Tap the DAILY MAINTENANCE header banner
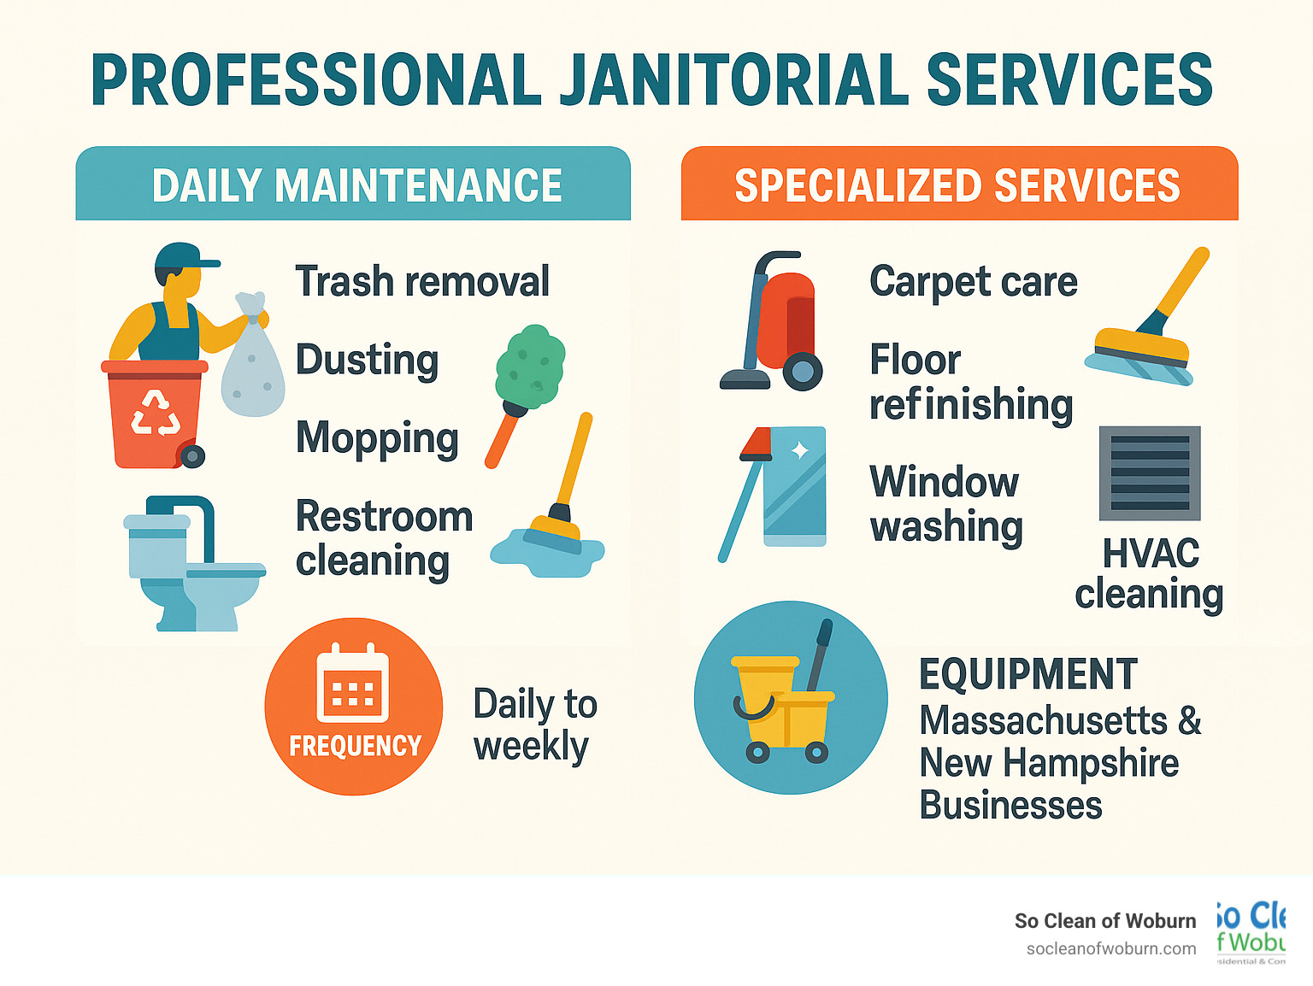pyautogui.click(x=356, y=185)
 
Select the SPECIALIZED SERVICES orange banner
pyautogui.click(x=957, y=185)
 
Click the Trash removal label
pyautogui.click(x=422, y=281)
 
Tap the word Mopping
pyautogui.click(x=377, y=438)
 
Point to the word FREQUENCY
pyautogui.click(x=355, y=746)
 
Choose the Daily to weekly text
pyautogui.click(x=534, y=725)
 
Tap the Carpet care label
pyautogui.click(x=973, y=281)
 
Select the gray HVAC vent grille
pyautogui.click(x=1150, y=472)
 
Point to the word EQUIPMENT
pyautogui.click(x=1028, y=674)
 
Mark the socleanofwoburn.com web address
pyautogui.click(x=1110, y=948)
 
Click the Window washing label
pyautogui.click(x=945, y=504)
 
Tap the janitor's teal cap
pyautogui.click(x=185, y=255)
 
